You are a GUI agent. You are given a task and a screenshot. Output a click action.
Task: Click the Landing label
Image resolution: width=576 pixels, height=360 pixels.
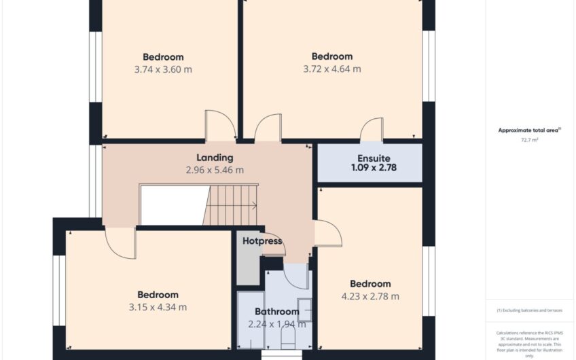click(215, 158)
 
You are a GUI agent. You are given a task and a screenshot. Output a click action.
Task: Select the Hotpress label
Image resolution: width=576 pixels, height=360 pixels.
click(262, 241)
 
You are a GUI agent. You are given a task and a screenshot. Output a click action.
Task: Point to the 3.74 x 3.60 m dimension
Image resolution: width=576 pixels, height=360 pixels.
click(163, 69)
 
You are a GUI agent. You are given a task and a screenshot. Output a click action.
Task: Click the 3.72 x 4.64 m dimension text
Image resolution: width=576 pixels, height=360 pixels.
click(332, 69)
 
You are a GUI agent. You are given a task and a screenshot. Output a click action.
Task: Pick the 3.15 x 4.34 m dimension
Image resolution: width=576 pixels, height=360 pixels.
click(158, 307)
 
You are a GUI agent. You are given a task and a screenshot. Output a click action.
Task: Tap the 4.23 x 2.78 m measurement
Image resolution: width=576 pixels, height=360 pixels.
click(370, 296)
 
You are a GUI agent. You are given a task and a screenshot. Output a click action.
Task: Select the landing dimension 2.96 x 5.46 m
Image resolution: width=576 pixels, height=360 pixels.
click(215, 170)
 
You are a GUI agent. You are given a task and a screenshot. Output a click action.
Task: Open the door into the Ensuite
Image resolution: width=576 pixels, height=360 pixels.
click(372, 129)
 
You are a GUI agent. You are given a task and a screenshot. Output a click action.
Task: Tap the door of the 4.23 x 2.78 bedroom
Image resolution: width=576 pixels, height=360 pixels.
click(327, 234)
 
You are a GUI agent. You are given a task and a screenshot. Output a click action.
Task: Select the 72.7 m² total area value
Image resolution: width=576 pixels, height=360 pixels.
click(529, 140)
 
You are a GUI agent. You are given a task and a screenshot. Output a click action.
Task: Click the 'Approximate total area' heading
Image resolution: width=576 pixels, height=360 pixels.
click(528, 130)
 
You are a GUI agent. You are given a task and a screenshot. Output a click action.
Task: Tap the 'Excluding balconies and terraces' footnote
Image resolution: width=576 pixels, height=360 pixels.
click(529, 310)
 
